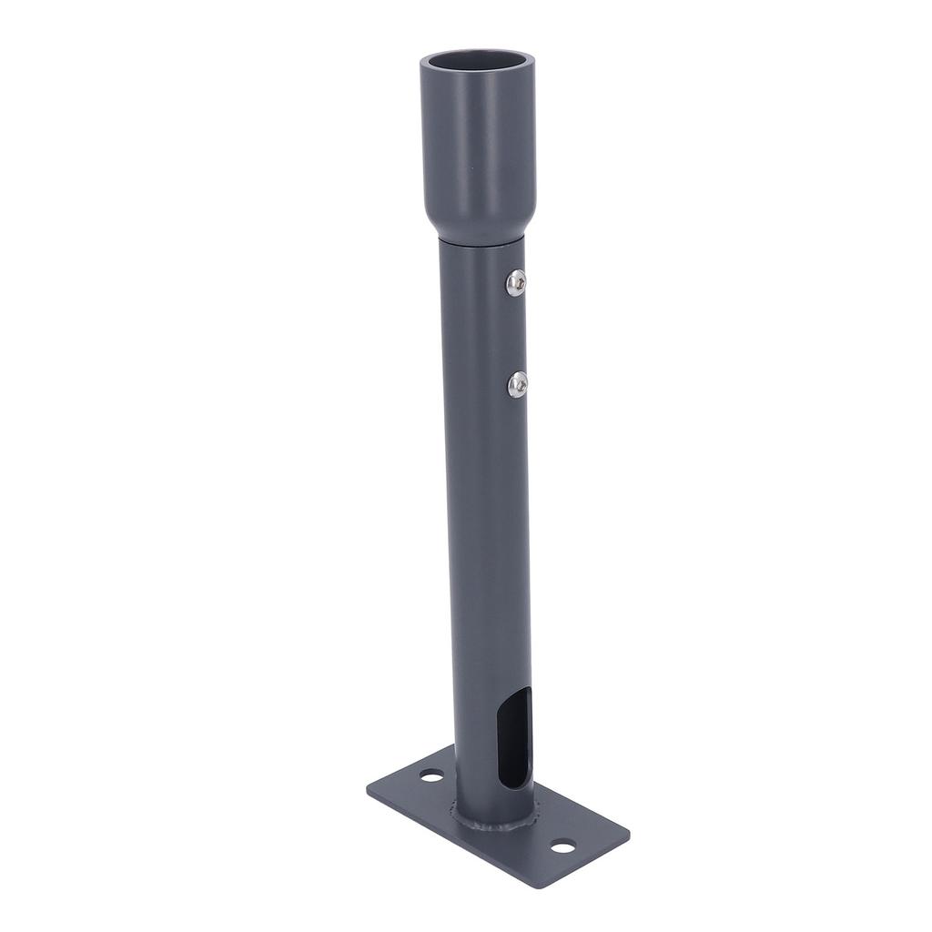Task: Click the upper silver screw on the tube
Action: (x=516, y=283)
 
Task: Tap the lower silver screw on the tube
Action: (x=517, y=384)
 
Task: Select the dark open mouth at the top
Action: (x=477, y=63)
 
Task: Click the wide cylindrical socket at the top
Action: (x=477, y=146)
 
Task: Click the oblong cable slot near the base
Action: (x=514, y=737)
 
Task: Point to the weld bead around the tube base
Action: (x=491, y=825)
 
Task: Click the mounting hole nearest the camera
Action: (x=562, y=846)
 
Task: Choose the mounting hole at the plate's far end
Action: (x=431, y=775)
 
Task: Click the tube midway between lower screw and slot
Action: (x=490, y=546)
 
